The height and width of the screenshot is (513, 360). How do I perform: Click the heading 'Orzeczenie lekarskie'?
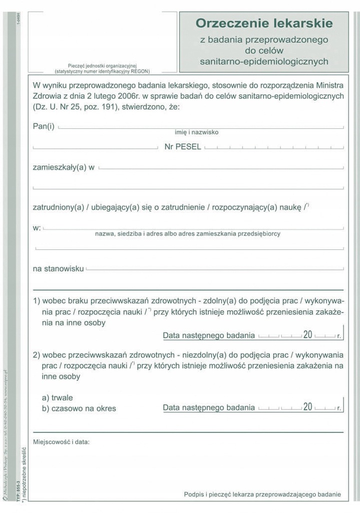[x=264, y=23]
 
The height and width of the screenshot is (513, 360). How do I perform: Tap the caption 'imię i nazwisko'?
[x=196, y=132]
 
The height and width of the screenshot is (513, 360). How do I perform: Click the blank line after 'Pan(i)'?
[x=200, y=127]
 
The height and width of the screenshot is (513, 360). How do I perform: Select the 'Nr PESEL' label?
[x=183, y=147]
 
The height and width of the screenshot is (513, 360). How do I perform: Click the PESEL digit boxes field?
[x=274, y=148]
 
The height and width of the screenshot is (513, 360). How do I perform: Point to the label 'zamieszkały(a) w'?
[x=64, y=167]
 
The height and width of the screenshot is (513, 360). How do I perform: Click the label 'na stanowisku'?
[x=58, y=269]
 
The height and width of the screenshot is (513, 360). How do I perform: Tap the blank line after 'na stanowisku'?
[x=215, y=270]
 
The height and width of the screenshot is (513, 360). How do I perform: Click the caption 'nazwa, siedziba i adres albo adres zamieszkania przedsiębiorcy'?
[x=188, y=233]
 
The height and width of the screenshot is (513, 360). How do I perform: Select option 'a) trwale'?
[x=58, y=397]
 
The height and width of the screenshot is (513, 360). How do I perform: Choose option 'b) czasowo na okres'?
[x=79, y=408]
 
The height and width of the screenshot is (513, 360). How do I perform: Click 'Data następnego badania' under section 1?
[x=209, y=336]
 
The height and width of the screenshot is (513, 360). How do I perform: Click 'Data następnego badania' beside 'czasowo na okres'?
[x=209, y=407]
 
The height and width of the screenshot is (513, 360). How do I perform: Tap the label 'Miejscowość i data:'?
[x=63, y=442]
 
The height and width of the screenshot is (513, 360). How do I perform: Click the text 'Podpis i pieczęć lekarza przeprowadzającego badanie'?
[x=262, y=494]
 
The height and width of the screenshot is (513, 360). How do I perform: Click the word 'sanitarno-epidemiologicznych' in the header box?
[x=264, y=62]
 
